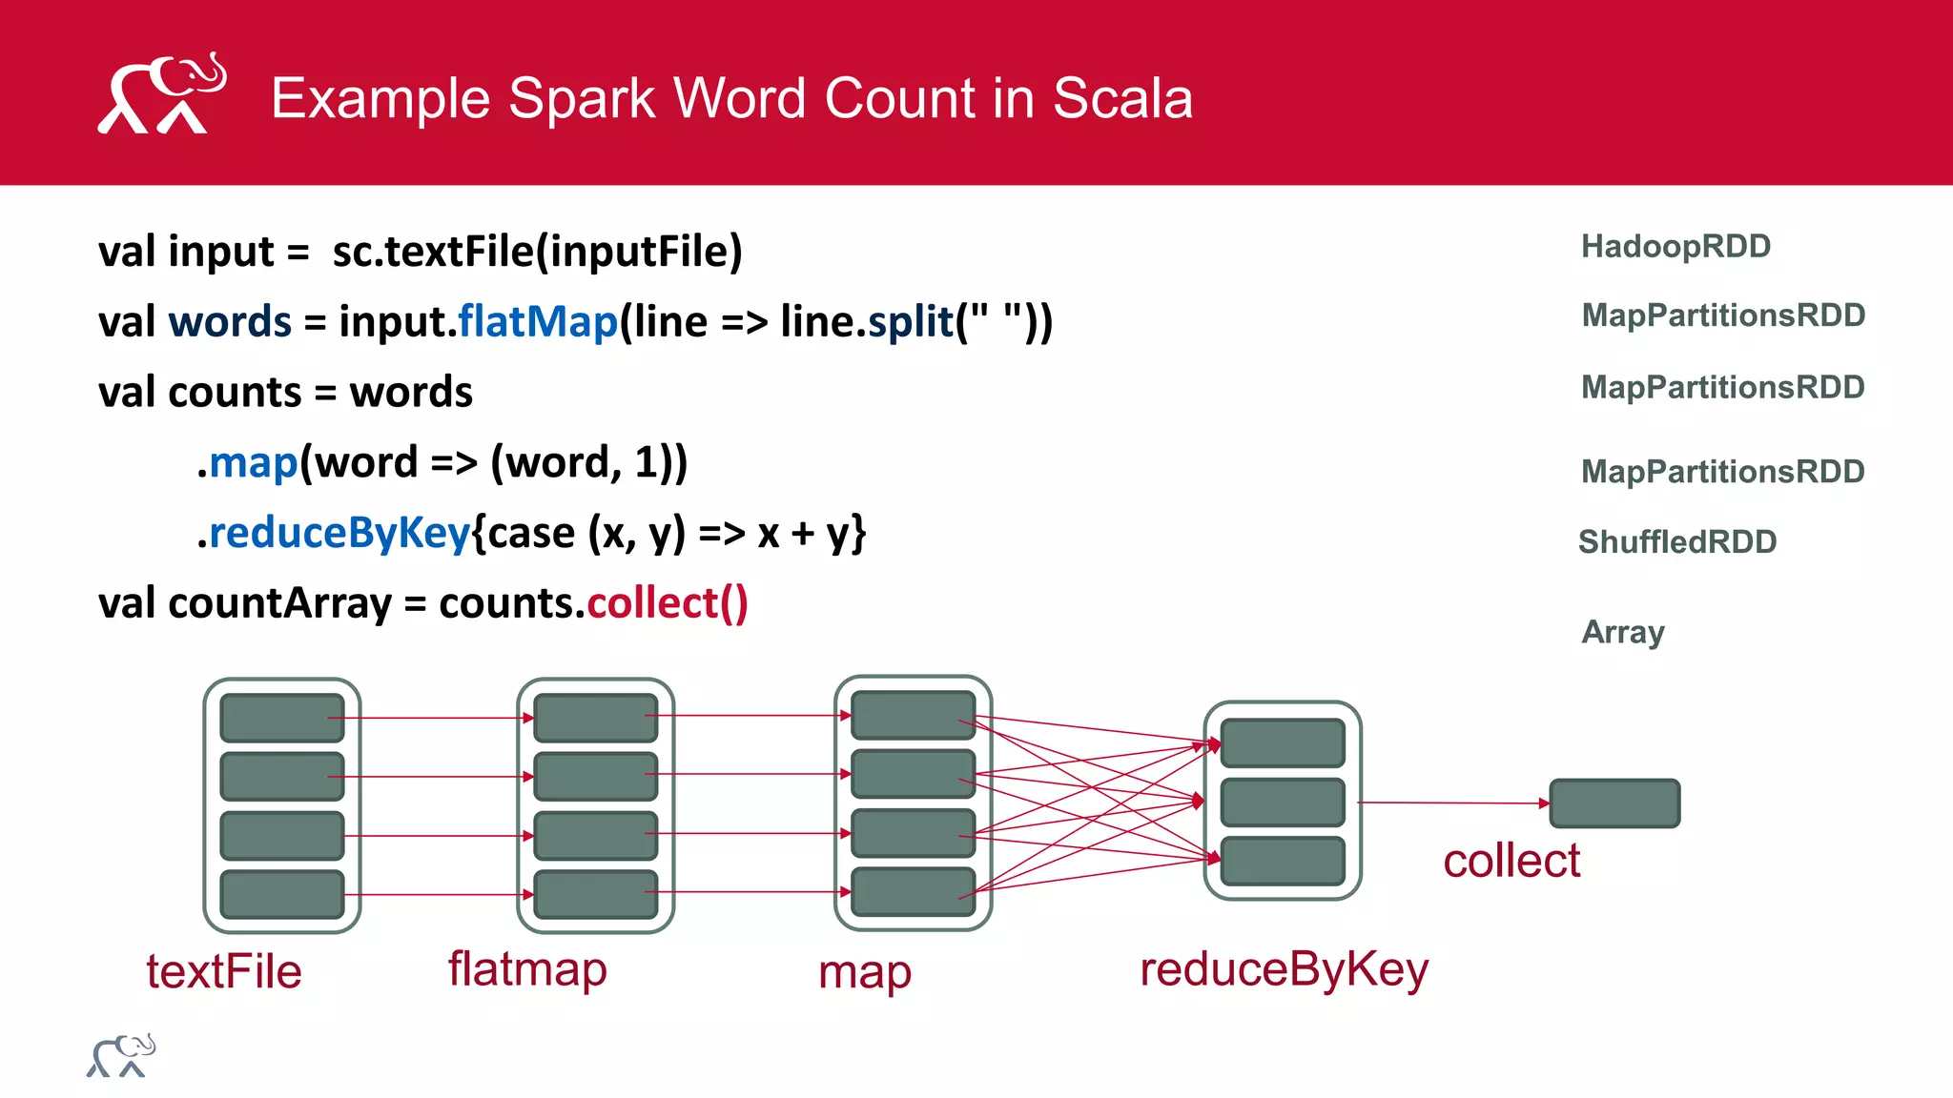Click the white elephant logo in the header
161,93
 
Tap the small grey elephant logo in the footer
121,1056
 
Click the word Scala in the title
1122,98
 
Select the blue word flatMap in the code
538,321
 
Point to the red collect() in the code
668,603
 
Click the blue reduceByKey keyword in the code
339,533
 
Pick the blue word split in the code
911,321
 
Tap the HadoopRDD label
1675,247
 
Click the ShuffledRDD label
1677,542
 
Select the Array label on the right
1623,632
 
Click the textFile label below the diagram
224,972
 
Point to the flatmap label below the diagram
527,970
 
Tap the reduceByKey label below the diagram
1285,970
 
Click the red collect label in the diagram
1511,862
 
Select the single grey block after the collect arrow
1614,803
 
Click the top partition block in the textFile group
281,718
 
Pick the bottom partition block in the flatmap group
595,894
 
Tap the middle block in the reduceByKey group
1283,803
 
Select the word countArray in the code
279,603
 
